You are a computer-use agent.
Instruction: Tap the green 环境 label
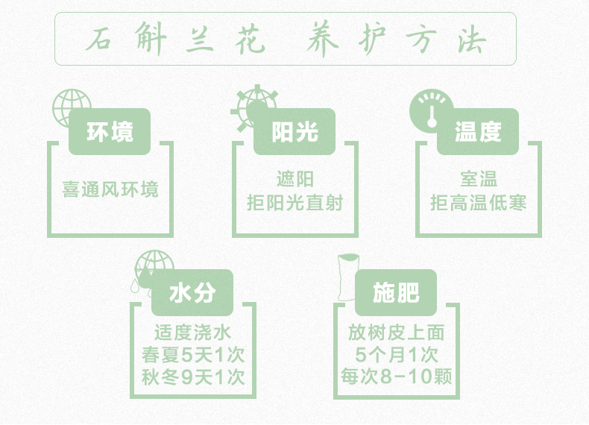tap(110, 132)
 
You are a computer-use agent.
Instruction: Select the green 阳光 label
tap(294, 132)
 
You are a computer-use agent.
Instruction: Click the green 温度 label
tap(478, 132)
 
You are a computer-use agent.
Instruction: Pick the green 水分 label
tap(192, 292)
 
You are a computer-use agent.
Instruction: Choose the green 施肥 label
tap(396, 292)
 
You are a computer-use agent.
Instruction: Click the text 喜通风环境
tap(110, 189)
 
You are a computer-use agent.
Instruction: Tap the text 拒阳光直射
tap(294, 201)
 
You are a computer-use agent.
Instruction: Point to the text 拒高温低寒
tap(479, 201)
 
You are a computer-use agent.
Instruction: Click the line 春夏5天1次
tap(193, 354)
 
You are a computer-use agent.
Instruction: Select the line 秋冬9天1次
tap(193, 377)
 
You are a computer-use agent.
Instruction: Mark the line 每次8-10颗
tap(396, 377)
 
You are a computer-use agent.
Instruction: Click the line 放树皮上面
tap(396, 333)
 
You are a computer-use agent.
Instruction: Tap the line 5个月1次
tap(396, 354)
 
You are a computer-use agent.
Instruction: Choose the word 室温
tap(479, 180)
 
